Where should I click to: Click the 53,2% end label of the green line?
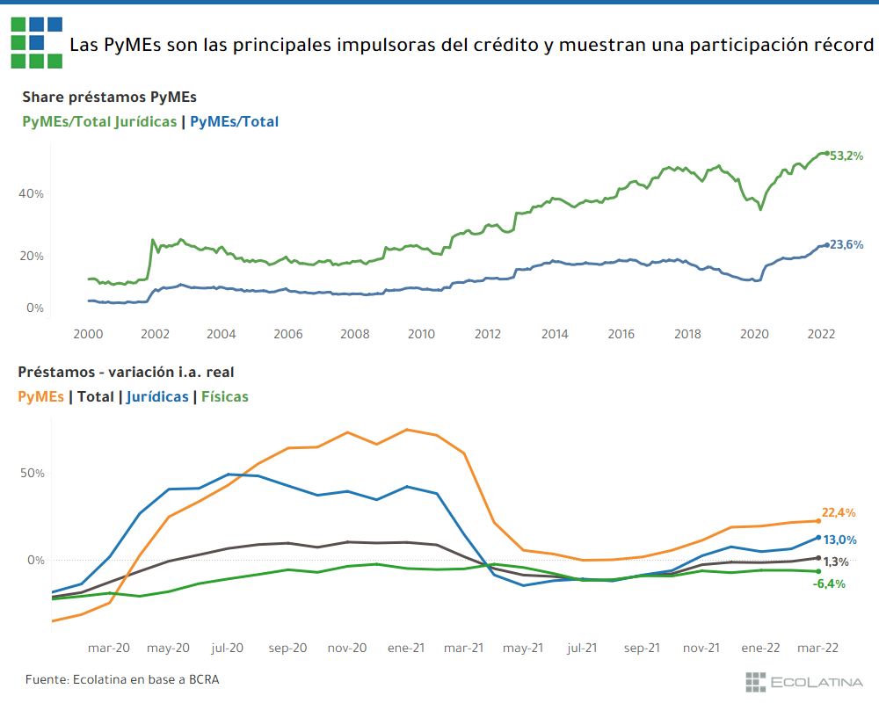coord(847,156)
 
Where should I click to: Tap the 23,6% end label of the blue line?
coord(847,244)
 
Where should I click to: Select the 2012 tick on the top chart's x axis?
coord(488,334)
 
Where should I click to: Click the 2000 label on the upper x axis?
coord(88,334)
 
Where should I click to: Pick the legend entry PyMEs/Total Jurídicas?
coord(99,122)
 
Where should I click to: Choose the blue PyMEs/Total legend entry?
coord(234,122)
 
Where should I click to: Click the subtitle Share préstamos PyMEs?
coord(109,97)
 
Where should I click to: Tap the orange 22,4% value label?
coord(839,512)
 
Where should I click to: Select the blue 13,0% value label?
coord(840,540)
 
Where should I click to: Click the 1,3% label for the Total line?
coord(836,562)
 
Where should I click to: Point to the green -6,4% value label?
coord(829,583)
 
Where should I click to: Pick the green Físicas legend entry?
coord(225,396)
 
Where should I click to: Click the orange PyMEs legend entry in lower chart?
coord(40,396)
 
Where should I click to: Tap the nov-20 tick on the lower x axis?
coord(347,648)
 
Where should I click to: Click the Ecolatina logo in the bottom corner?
coord(803,681)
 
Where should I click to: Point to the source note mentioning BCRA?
coord(122,680)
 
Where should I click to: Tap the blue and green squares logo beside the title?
coord(36,42)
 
